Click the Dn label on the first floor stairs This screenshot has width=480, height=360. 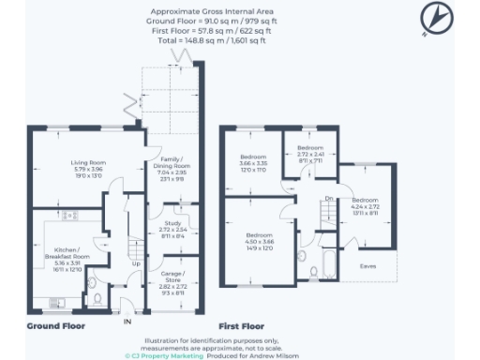click(x=329, y=199)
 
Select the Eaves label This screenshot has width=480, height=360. click(x=370, y=266)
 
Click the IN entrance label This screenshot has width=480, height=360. click(x=128, y=322)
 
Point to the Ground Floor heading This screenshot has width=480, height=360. click(x=56, y=326)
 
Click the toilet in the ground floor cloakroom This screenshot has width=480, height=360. click(x=99, y=299)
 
